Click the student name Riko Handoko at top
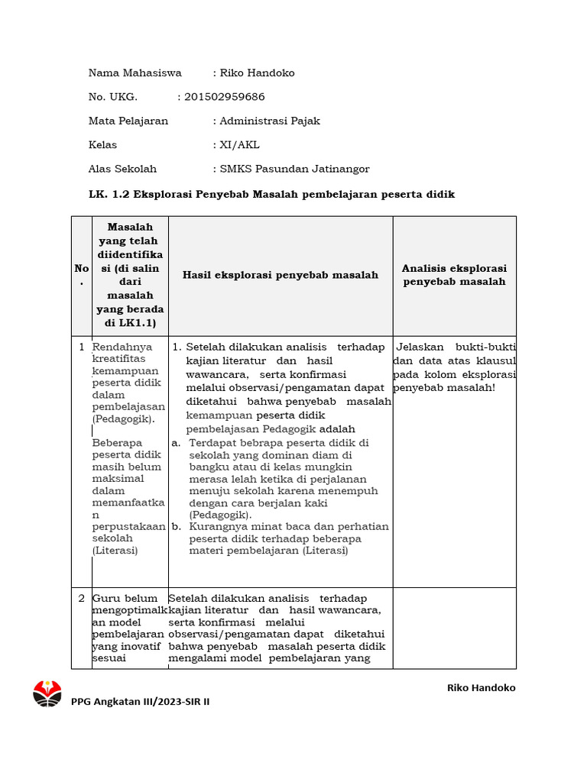257,73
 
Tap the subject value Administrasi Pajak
270,121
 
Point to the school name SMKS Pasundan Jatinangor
294,169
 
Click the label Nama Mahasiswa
135,73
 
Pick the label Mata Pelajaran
128,121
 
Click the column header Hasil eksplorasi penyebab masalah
281,275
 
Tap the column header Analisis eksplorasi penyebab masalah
454,275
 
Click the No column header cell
81,275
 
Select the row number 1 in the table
82,347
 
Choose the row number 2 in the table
82,598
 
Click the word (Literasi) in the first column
114,550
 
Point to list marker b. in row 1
176,526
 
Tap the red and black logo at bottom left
47,693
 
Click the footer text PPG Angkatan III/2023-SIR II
140,702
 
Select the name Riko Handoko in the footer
481,687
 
